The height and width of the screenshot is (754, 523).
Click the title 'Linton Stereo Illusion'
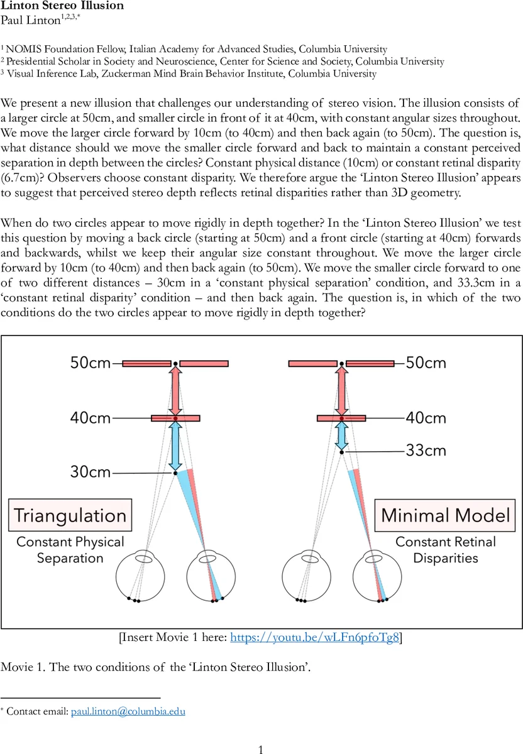click(62, 6)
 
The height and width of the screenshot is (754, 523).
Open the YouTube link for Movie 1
click(315, 638)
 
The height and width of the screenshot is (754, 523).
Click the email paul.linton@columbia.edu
click(128, 711)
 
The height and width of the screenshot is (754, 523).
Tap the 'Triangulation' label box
click(70, 516)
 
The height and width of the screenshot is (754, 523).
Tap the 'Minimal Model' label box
click(446, 516)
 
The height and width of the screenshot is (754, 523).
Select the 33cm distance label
click(426, 451)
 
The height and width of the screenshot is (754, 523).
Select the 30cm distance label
click(91, 472)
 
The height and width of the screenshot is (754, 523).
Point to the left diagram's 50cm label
click(91, 363)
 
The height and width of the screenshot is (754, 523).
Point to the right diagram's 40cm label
click(426, 418)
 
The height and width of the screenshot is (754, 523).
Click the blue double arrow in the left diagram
click(175, 445)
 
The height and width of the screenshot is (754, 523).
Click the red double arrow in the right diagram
click(341, 390)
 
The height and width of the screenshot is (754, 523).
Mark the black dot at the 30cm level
click(175, 473)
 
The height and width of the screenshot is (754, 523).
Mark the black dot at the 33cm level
click(341, 452)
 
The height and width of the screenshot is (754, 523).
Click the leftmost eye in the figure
click(141, 574)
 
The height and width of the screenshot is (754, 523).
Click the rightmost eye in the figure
click(377, 574)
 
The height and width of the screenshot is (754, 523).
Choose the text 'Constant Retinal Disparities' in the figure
click(446, 550)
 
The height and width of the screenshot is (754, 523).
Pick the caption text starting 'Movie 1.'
click(156, 667)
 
